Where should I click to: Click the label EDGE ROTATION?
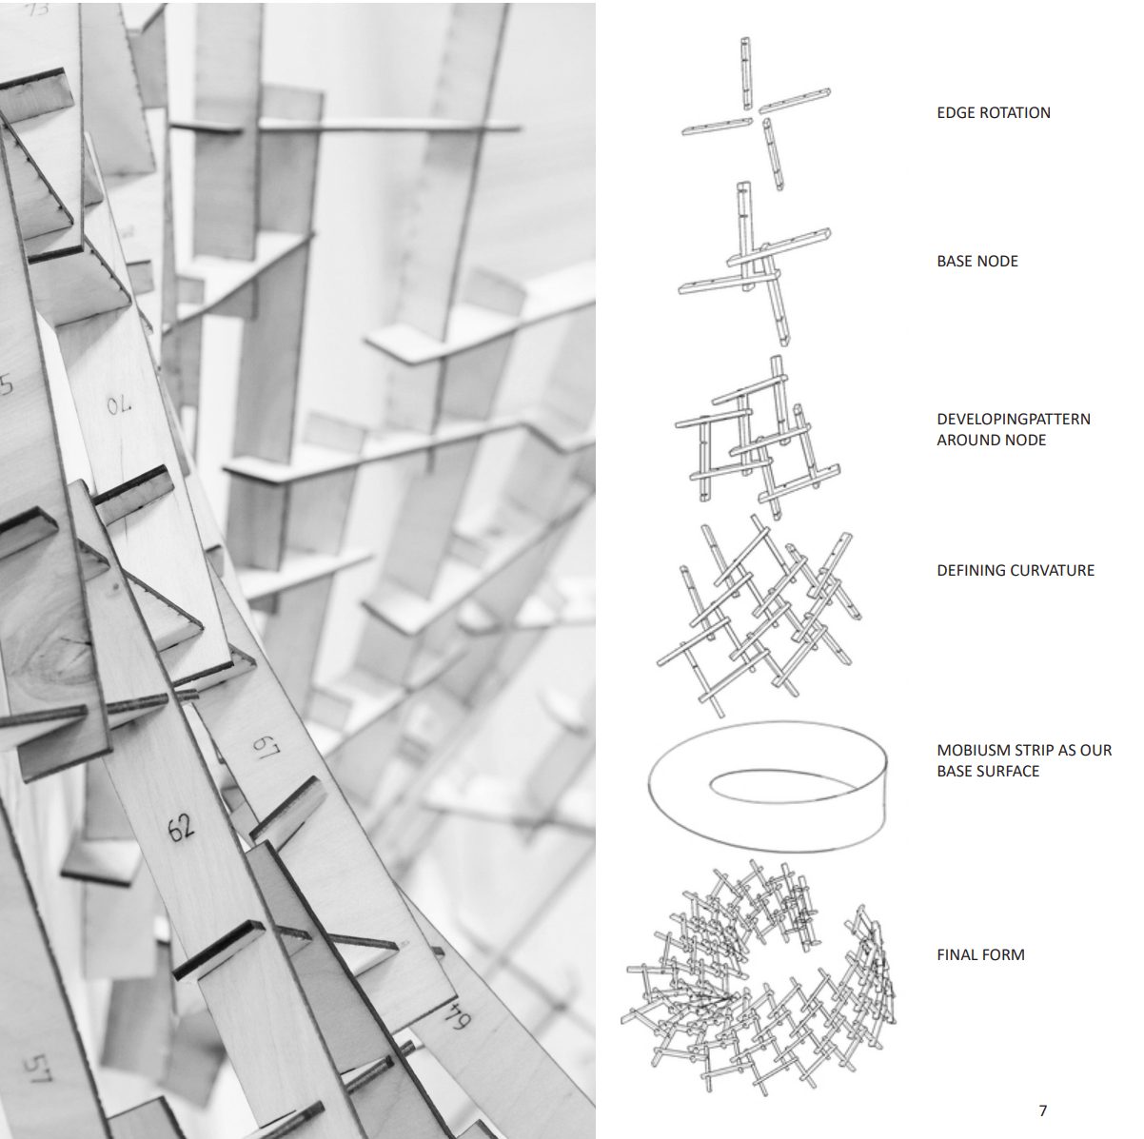pyautogui.click(x=994, y=113)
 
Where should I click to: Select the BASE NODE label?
pyautogui.click(x=977, y=261)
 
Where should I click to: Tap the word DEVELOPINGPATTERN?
pyautogui.click(x=1014, y=419)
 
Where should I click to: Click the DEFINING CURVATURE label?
pyautogui.click(x=1016, y=570)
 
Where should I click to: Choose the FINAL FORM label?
pyautogui.click(x=980, y=955)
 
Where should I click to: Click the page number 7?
pyautogui.click(x=1043, y=1110)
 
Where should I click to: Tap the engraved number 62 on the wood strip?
pyautogui.click(x=181, y=828)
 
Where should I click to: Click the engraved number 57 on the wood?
pyautogui.click(x=39, y=1068)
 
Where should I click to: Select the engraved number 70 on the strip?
pyautogui.click(x=119, y=405)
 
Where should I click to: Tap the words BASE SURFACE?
pyautogui.click(x=988, y=772)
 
